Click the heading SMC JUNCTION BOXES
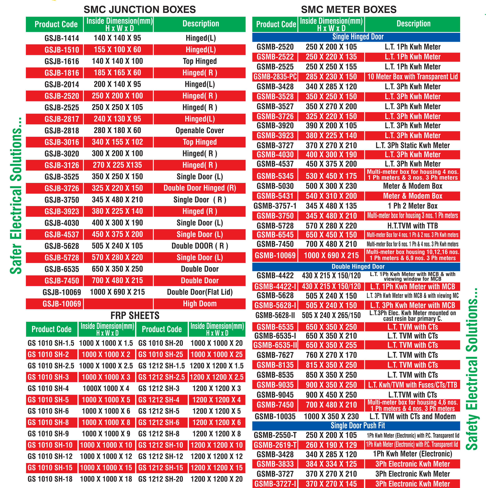point(140,10)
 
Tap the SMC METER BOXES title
point(349,10)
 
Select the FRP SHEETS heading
point(135,315)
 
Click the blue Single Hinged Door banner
point(358,37)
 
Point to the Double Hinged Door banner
point(358,266)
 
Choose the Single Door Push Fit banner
point(358,426)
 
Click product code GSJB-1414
point(62,38)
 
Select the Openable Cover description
point(199,131)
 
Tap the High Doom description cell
point(199,304)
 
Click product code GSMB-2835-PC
point(275,77)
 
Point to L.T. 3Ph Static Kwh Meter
point(412,145)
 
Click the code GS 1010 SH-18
point(50,479)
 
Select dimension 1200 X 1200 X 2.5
point(216,377)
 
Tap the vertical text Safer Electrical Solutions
point(16,196)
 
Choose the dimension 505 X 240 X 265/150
point(331,315)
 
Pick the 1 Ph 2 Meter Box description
point(412,206)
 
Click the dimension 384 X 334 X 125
point(331,464)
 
